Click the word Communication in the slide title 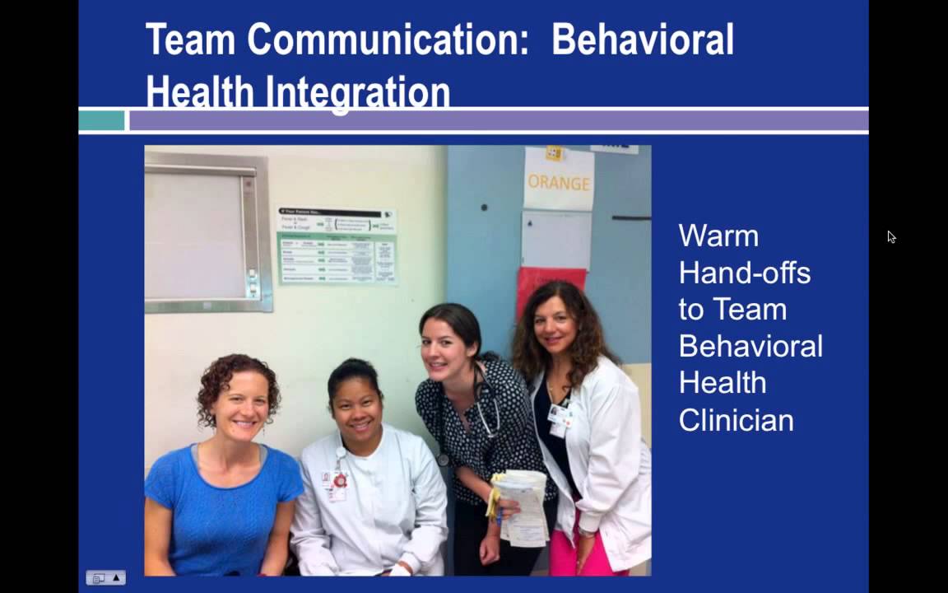pos(388,40)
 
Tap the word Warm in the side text pos(718,236)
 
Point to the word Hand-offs pos(744,273)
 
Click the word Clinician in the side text pos(736,420)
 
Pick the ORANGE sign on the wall pos(559,181)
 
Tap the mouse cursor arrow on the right pos(891,237)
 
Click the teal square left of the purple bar pos(102,121)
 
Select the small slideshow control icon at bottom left pos(106,578)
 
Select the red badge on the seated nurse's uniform pos(339,481)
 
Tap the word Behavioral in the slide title pos(642,40)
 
